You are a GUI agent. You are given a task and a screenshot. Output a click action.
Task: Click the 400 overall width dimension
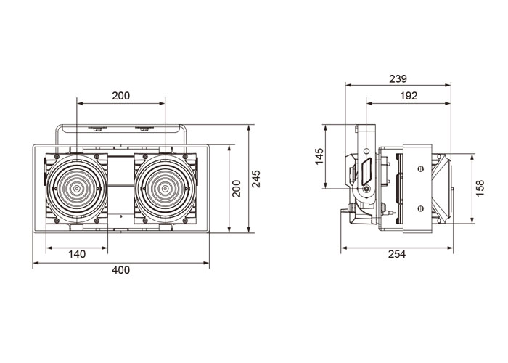pos(121,270)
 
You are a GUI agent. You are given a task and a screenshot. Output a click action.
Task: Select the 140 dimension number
pos(77,254)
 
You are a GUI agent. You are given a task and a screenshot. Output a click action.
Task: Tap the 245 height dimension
pos(256,179)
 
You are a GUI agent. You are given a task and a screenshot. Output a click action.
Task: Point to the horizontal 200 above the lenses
pos(121,96)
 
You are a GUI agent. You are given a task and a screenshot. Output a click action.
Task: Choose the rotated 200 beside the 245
pos(237,189)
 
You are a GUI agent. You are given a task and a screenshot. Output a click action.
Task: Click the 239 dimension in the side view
pos(398,78)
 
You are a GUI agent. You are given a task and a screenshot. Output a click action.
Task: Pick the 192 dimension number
pos(409,96)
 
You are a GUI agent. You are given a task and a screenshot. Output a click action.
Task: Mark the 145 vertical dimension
pos(319,156)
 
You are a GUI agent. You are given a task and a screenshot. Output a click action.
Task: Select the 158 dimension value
pos(480,188)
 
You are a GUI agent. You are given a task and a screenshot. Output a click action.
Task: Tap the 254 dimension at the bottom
pos(397,254)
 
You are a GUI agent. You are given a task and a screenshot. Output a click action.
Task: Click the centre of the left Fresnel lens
pos(77,188)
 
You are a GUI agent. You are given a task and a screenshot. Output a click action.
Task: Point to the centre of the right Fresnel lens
pos(165,188)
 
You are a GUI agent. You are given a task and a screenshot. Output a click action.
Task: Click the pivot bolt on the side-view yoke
pos(366,189)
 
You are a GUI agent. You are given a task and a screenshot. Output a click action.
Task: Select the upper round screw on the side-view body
pos(421,168)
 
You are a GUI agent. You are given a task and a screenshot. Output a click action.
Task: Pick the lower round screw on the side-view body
pos(421,208)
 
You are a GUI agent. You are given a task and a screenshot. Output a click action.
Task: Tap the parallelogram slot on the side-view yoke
pos(366,171)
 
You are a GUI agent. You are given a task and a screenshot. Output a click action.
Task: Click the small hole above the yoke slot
pos(366,151)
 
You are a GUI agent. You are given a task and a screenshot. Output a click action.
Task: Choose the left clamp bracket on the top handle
pos(97,129)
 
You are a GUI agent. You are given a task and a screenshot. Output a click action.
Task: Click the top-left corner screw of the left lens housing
pos(57,157)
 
